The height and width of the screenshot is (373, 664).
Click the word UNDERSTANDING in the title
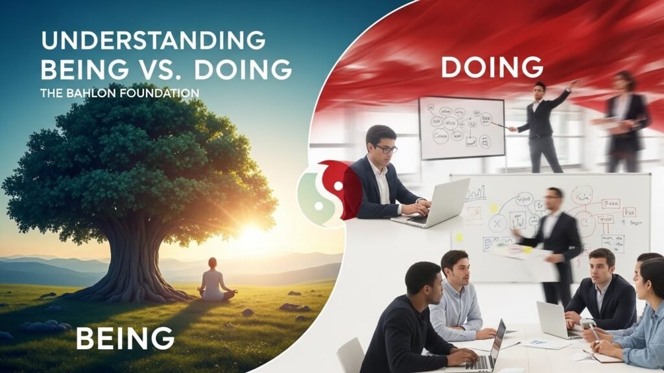tap(153, 40)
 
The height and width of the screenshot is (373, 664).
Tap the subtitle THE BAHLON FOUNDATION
tap(119, 93)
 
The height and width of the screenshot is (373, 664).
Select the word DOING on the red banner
tap(492, 67)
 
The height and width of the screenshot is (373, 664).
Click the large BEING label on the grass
tap(124, 338)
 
